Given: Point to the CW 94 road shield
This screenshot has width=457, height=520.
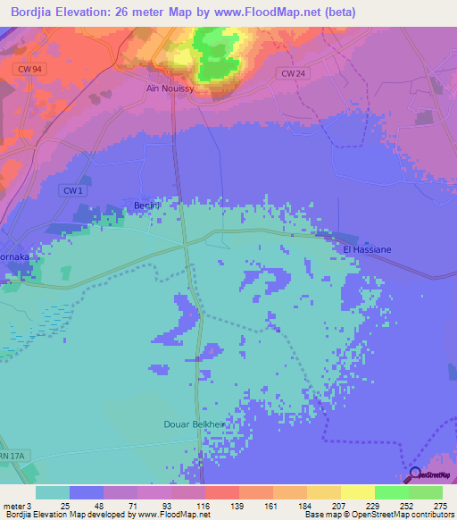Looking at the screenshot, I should pos(29,68).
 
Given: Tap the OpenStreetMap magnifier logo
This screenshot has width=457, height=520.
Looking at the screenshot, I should pos(416,474).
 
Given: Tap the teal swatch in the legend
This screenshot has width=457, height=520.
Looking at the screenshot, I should pos(53,492).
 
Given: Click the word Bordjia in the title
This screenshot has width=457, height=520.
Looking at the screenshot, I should pos(36,11).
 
